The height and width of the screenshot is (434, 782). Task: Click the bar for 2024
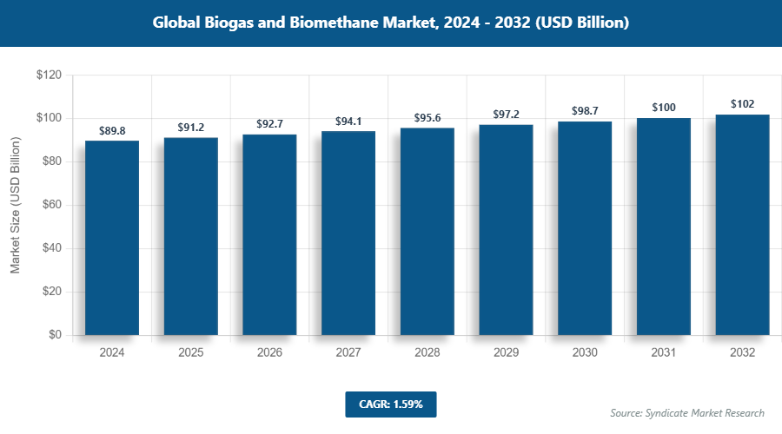pyautogui.click(x=112, y=238)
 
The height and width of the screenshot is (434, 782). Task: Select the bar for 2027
pyautogui.click(x=348, y=233)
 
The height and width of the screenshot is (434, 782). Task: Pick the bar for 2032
pyautogui.click(x=742, y=225)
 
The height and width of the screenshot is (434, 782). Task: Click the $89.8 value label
pyautogui.click(x=112, y=131)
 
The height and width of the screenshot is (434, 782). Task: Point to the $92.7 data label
pyautogui.click(x=269, y=125)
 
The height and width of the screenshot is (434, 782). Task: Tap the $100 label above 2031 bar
pyautogui.click(x=664, y=108)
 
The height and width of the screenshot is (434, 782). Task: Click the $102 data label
pyautogui.click(x=742, y=105)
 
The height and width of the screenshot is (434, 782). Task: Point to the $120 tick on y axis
pyautogui.click(x=48, y=76)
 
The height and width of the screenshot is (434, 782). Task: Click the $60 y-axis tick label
pyautogui.click(x=50, y=206)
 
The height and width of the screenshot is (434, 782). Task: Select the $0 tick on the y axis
pyautogui.click(x=54, y=335)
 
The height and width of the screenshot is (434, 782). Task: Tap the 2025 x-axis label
pyautogui.click(x=191, y=353)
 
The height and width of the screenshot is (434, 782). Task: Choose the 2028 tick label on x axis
pyautogui.click(x=427, y=353)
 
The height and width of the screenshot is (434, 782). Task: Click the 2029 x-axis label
pyautogui.click(x=506, y=353)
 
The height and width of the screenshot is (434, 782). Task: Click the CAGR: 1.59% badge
pyautogui.click(x=390, y=404)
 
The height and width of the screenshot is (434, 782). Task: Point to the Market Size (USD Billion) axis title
pyautogui.click(x=15, y=206)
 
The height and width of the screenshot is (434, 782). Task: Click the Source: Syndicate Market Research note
pyautogui.click(x=687, y=413)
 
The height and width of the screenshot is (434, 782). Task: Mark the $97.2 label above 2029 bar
pyautogui.click(x=506, y=115)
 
